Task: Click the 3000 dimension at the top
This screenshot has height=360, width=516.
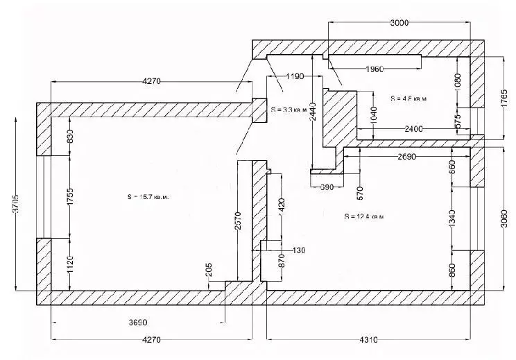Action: (399, 23)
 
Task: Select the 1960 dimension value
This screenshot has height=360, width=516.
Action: (375, 68)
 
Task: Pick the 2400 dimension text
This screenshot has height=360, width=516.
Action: (414, 129)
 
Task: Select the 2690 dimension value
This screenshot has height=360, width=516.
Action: (406, 157)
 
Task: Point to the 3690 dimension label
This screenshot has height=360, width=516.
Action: (138, 323)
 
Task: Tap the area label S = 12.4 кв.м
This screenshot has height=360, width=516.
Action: (363, 216)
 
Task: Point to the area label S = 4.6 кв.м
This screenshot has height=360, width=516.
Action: (408, 98)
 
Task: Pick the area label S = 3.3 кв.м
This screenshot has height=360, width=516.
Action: (288, 109)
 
